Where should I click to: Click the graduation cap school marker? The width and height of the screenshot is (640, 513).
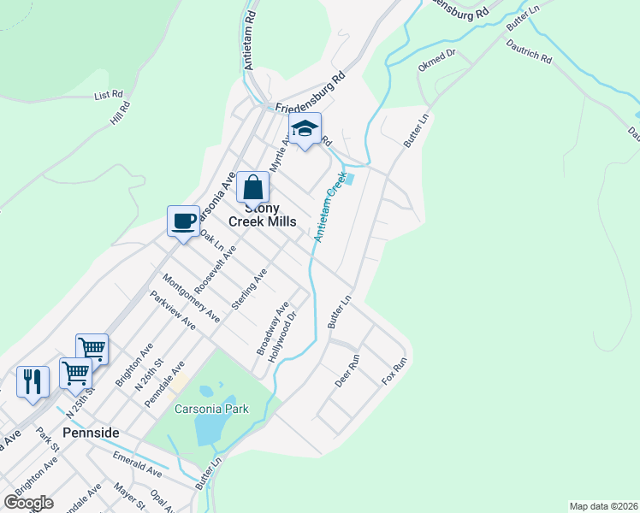(305, 129)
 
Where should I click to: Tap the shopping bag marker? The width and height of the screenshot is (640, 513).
(253, 186)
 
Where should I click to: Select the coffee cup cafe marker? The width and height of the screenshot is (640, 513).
(183, 221)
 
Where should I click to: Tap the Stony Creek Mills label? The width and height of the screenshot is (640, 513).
(263, 215)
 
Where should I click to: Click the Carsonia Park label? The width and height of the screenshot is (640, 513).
(211, 409)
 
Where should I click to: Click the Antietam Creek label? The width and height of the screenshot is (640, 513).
(329, 206)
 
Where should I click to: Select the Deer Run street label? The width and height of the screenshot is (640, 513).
(347, 371)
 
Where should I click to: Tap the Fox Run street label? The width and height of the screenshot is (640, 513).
(394, 369)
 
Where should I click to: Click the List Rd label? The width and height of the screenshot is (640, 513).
(110, 96)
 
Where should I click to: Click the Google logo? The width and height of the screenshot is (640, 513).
(28, 502)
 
